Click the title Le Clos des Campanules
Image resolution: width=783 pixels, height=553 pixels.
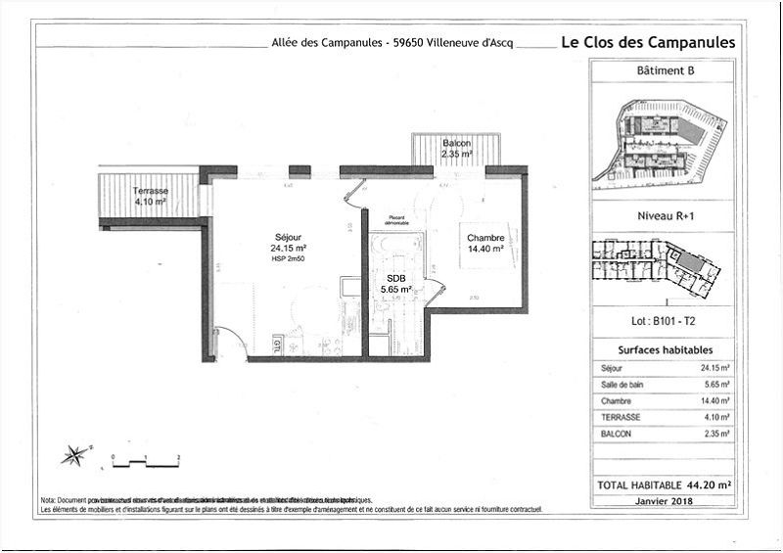click(647, 42)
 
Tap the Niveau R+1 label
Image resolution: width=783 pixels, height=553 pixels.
click(663, 218)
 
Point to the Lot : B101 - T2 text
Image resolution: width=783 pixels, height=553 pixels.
click(664, 320)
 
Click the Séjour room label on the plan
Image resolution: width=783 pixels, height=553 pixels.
click(289, 236)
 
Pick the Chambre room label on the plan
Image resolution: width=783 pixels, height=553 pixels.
click(484, 238)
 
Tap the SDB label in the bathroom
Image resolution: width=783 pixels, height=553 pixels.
click(395, 278)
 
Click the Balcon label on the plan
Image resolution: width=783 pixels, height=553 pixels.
click(456, 143)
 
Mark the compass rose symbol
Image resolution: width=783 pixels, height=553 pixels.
click(73, 455)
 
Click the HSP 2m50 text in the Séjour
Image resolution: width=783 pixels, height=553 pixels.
click(289, 259)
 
